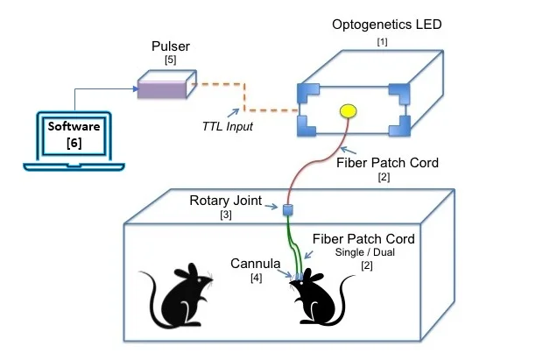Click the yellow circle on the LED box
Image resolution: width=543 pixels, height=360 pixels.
click(348, 111)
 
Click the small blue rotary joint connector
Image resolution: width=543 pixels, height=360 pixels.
click(286, 209)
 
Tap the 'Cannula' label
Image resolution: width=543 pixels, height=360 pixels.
click(256, 263)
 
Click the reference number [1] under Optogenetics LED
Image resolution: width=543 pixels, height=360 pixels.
click(382, 41)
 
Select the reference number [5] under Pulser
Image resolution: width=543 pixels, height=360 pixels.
click(171, 60)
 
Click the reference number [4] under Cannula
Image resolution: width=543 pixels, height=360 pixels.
click(257, 279)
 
